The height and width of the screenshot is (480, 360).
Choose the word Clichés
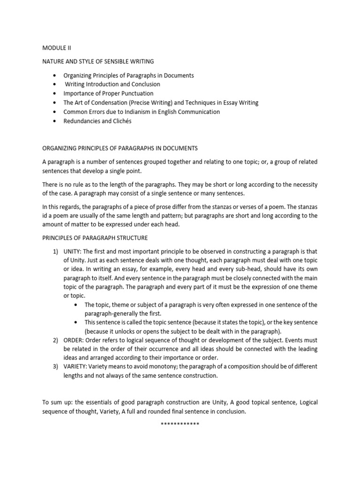(x=120, y=121)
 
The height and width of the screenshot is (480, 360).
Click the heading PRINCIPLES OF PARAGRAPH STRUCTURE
(x=95, y=238)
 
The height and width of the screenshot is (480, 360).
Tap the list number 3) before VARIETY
(x=55, y=367)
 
